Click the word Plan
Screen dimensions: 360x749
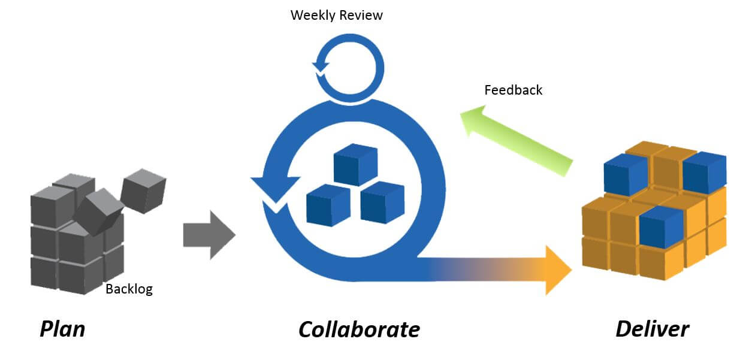pos(62,329)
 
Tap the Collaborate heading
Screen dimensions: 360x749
pos(359,329)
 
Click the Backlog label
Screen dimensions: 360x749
pos(129,289)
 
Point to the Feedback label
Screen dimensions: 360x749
pos(513,90)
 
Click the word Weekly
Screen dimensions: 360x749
pos(313,16)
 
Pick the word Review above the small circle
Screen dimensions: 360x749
pos(361,16)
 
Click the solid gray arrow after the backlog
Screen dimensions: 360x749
pos(209,235)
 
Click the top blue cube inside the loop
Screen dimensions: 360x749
pos(355,164)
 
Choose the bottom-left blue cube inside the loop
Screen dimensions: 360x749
pos(328,204)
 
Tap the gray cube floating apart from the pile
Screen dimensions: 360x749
pos(143,190)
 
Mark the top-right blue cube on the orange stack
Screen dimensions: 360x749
pos(704,173)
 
